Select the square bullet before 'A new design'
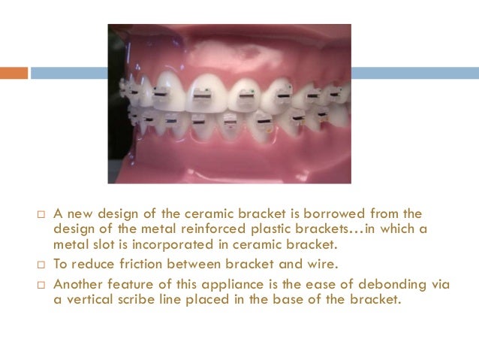pyautogui.click(x=42, y=216)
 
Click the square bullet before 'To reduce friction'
pyautogui.click(x=42, y=265)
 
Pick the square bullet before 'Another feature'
pyautogui.click(x=42, y=285)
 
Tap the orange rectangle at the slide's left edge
pyautogui.click(x=14, y=73)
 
